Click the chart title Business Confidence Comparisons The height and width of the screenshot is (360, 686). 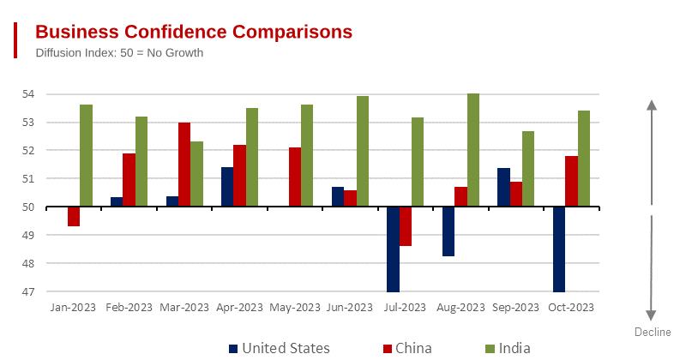click(194, 32)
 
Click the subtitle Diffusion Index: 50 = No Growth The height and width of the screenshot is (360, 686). click(119, 53)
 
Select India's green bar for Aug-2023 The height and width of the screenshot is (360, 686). click(473, 150)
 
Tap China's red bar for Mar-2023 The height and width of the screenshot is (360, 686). click(184, 165)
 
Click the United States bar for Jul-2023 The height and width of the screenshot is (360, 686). click(393, 249)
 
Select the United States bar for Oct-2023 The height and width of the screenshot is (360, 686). click(559, 249)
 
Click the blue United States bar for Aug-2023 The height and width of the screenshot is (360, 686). click(448, 231)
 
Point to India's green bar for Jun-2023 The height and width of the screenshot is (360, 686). click(363, 152)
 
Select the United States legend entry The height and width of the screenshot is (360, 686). click(279, 348)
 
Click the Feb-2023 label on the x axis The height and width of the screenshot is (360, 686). click(129, 307)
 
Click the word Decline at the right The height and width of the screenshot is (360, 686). click(653, 333)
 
